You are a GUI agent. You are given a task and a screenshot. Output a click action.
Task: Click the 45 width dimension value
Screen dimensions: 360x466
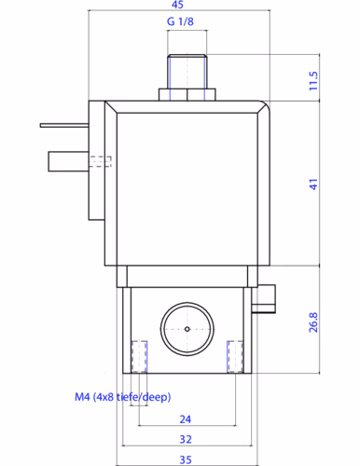[x=177, y=5]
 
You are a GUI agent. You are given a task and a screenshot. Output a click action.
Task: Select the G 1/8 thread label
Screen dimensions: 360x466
[x=180, y=21]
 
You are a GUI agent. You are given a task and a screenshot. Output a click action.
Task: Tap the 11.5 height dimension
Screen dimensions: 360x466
[x=313, y=81]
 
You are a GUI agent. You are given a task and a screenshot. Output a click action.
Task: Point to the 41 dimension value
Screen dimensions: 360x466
[x=313, y=184]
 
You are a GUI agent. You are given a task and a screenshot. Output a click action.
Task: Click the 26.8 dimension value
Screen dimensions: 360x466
[x=313, y=322]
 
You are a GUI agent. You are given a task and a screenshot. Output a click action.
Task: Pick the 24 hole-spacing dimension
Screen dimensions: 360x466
[x=186, y=419]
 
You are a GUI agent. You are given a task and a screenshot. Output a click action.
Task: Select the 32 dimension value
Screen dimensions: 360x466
[x=186, y=439]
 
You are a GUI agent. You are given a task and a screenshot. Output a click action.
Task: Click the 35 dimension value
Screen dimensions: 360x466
[x=186, y=459]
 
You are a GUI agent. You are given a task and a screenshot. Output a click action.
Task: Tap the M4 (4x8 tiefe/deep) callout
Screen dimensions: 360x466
[x=123, y=397]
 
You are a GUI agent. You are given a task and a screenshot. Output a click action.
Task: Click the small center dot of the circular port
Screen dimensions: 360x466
[x=187, y=329]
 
